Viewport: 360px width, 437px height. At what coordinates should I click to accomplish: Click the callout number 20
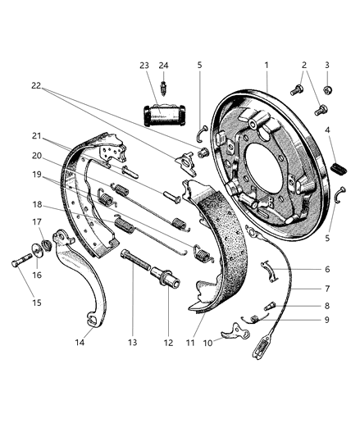tap(37, 155)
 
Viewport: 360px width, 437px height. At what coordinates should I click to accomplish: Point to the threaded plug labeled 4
tap(339, 166)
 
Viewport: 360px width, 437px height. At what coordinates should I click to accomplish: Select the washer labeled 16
tap(39, 251)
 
